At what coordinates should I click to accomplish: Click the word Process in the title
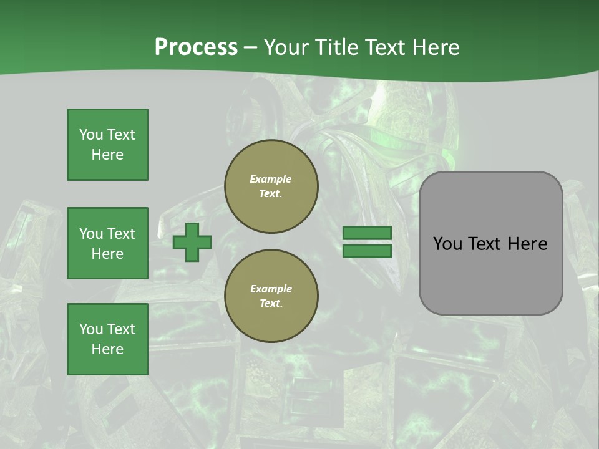[x=196, y=47]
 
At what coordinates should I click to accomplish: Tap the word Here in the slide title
[x=433, y=47]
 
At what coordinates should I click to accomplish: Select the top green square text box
[x=107, y=145]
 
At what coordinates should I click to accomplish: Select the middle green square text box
[x=107, y=243]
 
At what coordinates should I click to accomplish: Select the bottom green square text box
[x=107, y=339]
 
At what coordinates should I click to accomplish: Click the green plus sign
[x=192, y=243]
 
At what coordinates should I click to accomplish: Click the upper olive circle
[x=271, y=186]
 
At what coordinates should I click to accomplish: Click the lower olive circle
[x=271, y=296]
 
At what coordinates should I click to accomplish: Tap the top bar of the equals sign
[x=368, y=233]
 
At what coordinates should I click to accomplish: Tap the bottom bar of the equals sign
[x=368, y=251]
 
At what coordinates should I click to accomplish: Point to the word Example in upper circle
[x=271, y=180]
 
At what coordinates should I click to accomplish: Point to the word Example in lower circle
[x=271, y=289]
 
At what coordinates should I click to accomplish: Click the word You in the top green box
[x=90, y=135]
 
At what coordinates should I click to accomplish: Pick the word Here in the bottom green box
[x=107, y=349]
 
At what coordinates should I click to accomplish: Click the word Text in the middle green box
[x=120, y=234]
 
